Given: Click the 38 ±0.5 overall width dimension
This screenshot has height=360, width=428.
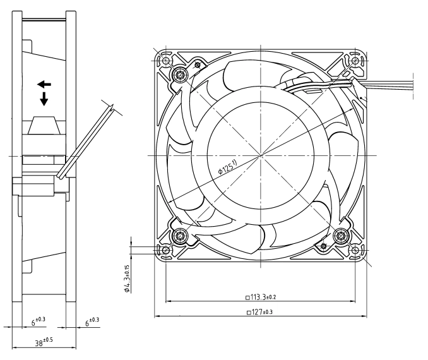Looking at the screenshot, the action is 44,342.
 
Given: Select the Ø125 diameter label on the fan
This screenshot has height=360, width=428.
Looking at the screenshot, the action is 228,167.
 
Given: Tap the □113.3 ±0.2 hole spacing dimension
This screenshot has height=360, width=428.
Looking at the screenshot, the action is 261,297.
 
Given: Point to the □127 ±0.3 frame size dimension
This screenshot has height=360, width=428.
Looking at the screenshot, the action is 259,311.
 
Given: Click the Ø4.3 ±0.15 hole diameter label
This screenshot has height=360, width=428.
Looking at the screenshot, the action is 127,279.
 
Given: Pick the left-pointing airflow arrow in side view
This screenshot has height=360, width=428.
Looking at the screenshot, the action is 44,85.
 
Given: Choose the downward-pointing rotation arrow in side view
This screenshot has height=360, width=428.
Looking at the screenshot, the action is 44,99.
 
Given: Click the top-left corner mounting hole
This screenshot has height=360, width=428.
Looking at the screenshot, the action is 165,60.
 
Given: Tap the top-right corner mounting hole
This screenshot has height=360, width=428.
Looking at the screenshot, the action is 355,60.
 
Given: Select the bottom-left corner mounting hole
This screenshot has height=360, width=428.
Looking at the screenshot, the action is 165,250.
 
